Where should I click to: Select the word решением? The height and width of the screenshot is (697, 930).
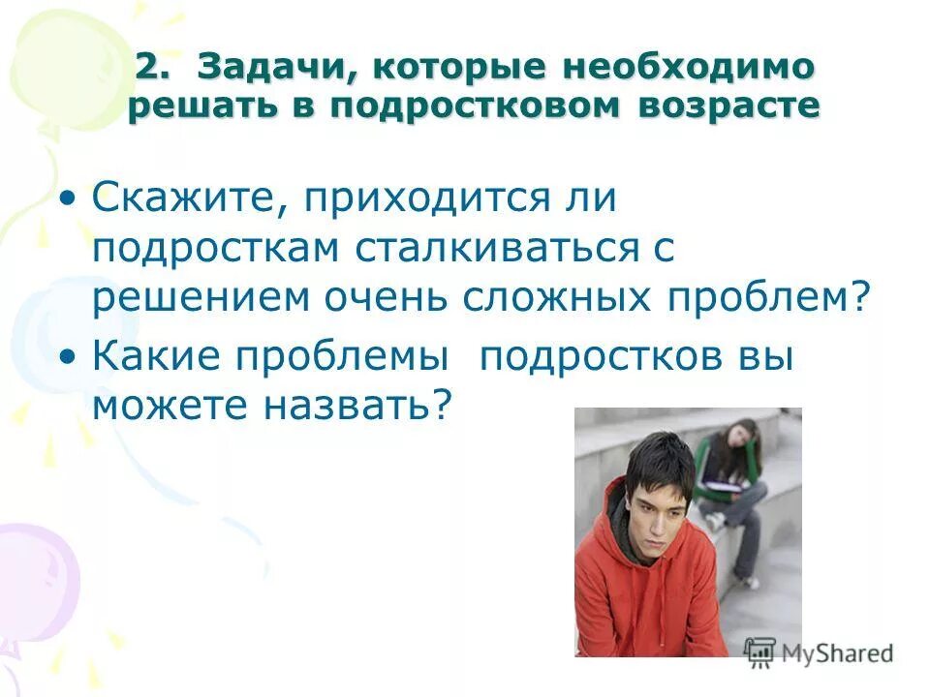click(194, 298)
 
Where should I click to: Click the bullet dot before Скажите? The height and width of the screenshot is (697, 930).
click(67, 200)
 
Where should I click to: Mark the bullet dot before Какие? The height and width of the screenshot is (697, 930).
click(67, 359)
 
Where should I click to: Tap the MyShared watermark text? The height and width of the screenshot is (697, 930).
click(837, 652)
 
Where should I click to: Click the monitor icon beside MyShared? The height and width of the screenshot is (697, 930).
click(760, 651)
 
